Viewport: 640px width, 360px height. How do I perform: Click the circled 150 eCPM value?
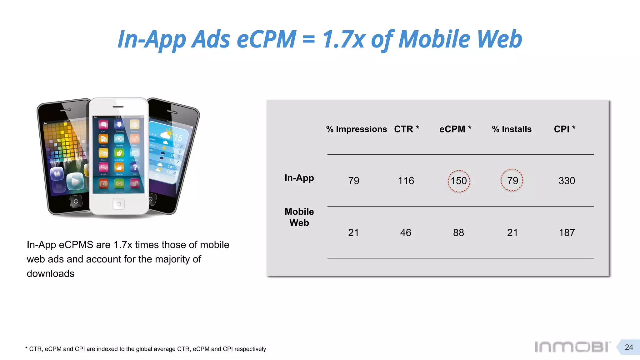[459, 181]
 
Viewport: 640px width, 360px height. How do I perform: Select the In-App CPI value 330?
[567, 181]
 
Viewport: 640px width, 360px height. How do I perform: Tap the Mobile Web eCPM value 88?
[458, 233]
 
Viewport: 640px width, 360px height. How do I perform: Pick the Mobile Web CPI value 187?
[567, 233]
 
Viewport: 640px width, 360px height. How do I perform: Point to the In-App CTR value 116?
[406, 181]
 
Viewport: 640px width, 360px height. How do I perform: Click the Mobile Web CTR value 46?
[406, 233]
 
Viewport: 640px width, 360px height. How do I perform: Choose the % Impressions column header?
[356, 129]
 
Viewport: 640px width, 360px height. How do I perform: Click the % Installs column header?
[512, 129]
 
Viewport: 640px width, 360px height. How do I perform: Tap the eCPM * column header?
[455, 129]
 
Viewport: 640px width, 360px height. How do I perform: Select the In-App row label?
[299, 178]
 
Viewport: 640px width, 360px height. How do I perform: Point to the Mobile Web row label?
[299, 217]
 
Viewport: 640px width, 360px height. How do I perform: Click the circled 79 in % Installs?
[512, 181]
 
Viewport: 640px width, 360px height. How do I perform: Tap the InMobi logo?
[572, 347]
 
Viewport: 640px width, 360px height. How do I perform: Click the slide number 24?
[629, 347]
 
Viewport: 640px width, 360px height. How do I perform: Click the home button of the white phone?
[118, 204]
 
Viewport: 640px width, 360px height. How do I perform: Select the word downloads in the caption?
[51, 274]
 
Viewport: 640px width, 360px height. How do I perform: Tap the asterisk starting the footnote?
[26, 348]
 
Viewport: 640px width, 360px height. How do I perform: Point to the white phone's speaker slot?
[118, 107]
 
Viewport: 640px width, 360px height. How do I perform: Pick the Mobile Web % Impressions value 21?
[353, 233]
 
